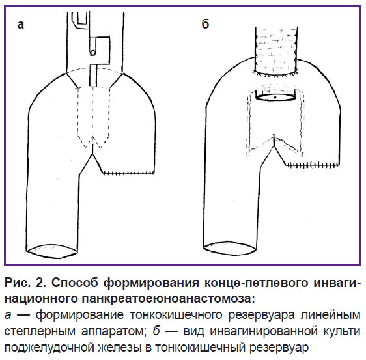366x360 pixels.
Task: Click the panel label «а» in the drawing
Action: [21, 25]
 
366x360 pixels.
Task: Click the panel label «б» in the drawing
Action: [205, 24]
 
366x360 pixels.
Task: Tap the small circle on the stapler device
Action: [92, 53]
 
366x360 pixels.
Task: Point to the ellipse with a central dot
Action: [275, 97]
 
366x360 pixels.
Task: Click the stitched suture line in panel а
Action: [129, 173]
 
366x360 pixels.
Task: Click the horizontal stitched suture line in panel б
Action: [313, 165]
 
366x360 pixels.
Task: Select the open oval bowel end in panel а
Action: [52, 251]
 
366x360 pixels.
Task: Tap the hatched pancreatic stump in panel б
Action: [276, 51]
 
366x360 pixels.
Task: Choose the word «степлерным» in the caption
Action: [40, 331]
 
